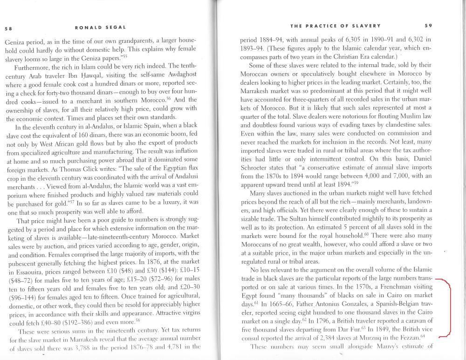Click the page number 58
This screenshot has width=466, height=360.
[x=8, y=27]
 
